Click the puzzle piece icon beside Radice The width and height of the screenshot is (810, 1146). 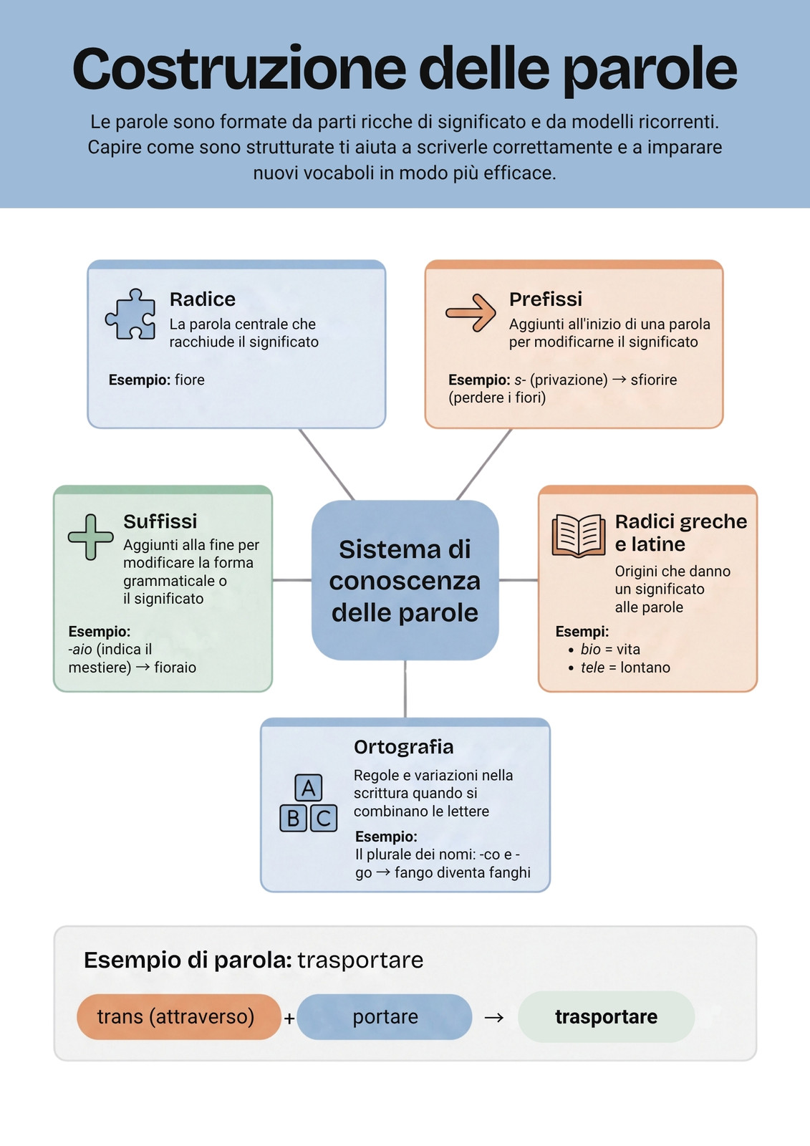pos(130,314)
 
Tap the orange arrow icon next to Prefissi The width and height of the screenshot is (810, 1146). pos(471,312)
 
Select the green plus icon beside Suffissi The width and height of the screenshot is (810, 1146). pos(90,536)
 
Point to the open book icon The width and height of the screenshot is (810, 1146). pos(579,536)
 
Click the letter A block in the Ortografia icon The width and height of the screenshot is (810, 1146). pos(309,787)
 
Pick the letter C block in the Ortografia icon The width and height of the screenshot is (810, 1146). pos(324,818)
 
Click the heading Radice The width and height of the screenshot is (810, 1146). pos(203,299)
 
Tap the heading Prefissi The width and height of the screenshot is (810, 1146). pos(546,299)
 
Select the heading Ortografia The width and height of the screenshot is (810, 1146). pos(404,747)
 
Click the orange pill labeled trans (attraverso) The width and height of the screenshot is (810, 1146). pos(178,1016)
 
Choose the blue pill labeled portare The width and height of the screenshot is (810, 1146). pos(385,1016)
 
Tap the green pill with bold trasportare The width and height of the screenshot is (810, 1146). pos(607,1016)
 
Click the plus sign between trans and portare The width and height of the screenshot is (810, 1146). pos(289,1019)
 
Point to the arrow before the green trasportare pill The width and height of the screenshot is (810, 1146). pos(493,1018)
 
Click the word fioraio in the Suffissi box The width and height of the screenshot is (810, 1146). pos(175,668)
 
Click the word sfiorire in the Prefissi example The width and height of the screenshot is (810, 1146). pos(653,380)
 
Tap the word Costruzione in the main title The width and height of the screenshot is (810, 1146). pos(239,69)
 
